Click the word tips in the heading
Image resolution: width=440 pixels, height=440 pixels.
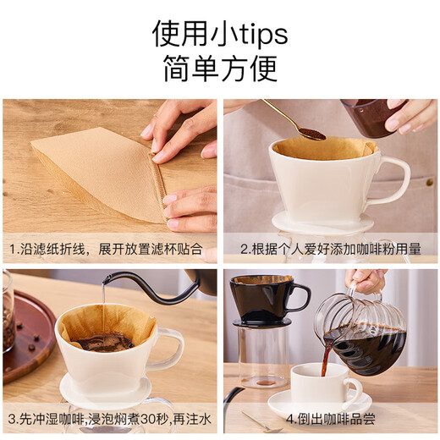point(254,34)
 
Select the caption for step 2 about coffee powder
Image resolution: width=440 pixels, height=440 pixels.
point(331,250)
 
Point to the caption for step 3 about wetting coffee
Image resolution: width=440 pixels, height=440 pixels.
point(110,418)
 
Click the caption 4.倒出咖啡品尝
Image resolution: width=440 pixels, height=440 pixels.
point(331,418)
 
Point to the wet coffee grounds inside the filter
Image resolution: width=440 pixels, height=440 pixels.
point(102,341)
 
